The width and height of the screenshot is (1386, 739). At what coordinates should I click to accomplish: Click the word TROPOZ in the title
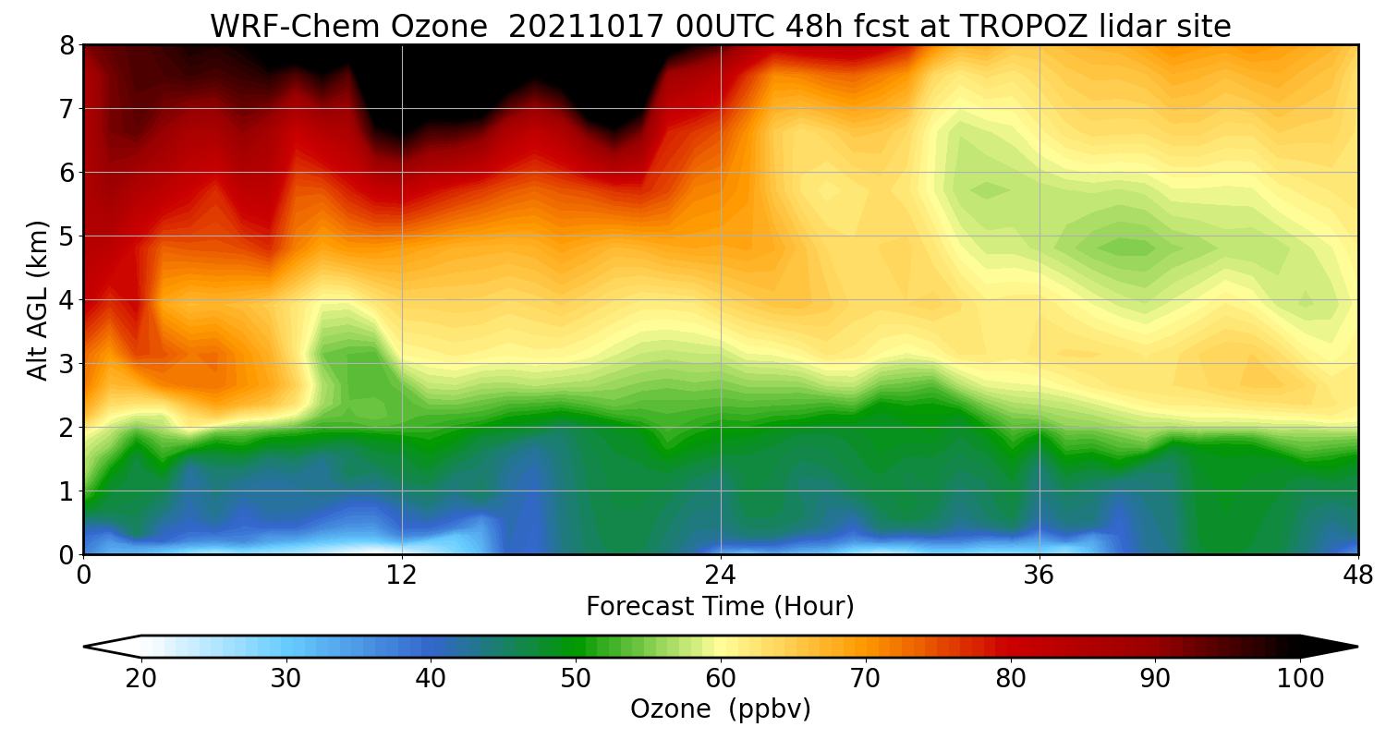994,26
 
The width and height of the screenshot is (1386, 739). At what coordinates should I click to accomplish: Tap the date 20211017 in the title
586,26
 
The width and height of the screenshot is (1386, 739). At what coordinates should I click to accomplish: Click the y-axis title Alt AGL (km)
38,299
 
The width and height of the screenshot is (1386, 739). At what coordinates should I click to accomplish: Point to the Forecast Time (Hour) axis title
720,607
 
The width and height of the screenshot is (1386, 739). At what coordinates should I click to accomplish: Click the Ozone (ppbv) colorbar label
720,709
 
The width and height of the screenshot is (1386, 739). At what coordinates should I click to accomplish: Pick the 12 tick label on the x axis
402,575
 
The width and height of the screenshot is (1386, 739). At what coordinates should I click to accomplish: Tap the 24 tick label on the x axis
720,575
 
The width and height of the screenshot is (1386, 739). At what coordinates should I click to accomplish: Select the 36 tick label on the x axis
1039,575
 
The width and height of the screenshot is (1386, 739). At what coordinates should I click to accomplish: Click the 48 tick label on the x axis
1357,575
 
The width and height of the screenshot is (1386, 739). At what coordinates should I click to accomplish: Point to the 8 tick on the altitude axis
66,45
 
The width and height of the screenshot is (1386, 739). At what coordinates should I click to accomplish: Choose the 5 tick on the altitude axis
66,236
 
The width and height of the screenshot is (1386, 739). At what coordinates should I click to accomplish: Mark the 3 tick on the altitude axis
66,364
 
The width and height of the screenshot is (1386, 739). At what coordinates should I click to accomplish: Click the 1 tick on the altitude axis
66,491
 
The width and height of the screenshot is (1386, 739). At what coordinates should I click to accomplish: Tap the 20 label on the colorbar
140,679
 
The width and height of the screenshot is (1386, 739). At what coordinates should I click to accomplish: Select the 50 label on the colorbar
576,679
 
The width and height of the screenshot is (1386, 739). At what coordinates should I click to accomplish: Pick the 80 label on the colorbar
1011,679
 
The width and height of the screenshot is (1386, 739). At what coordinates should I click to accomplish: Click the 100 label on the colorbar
1300,679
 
